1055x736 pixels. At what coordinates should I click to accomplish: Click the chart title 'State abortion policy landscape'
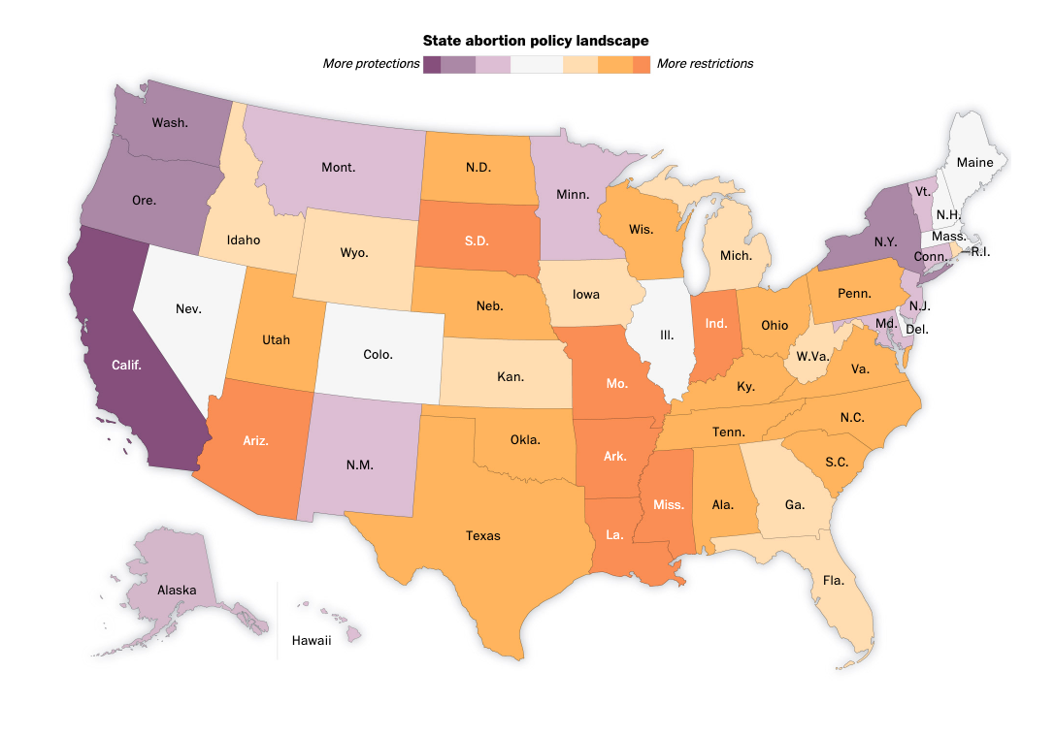click(x=536, y=40)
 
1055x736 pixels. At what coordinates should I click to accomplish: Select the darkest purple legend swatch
click(x=432, y=64)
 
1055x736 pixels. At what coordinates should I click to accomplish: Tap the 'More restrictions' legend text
click(x=705, y=64)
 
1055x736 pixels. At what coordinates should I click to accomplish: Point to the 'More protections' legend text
click(x=371, y=64)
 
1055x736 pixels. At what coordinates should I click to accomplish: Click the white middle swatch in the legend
click(x=536, y=64)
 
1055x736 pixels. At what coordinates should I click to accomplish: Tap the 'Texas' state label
click(x=482, y=535)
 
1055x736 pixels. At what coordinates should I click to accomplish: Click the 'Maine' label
click(x=974, y=162)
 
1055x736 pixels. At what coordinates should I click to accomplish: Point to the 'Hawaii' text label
click(x=312, y=640)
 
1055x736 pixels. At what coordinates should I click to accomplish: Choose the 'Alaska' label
click(x=177, y=590)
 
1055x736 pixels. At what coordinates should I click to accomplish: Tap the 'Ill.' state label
click(x=667, y=335)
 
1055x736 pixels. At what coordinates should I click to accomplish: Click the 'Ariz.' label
click(x=256, y=440)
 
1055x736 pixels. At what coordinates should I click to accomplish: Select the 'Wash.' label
click(x=170, y=123)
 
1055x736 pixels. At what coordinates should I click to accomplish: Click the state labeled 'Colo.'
click(x=378, y=354)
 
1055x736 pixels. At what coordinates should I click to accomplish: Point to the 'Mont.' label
click(x=338, y=167)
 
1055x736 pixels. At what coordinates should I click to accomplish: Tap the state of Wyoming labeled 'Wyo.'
click(x=353, y=252)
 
